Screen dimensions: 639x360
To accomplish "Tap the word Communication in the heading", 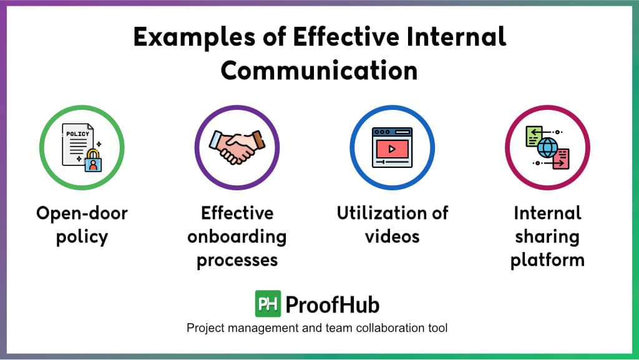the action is tap(319, 71).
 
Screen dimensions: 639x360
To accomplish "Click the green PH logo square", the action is tap(268, 303).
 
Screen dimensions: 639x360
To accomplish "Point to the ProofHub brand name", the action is tap(333, 304).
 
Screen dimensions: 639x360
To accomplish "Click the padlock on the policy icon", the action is tap(93, 161).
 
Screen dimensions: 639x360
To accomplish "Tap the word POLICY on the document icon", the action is tap(77, 134).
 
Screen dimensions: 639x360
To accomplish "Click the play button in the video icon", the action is tap(392, 149).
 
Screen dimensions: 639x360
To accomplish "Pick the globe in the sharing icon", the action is tap(547, 147).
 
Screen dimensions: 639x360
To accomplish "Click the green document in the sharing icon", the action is tap(534, 136).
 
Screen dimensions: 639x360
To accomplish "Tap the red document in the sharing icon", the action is tap(562, 159).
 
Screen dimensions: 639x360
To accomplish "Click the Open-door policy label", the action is tap(82, 225).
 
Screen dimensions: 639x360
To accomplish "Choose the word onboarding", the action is tap(237, 237).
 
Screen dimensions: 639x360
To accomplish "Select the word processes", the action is tap(237, 260).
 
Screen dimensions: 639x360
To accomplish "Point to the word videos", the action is tap(392, 236).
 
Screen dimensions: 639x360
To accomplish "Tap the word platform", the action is tap(547, 260).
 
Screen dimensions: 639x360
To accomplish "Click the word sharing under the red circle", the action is tap(547, 237).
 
